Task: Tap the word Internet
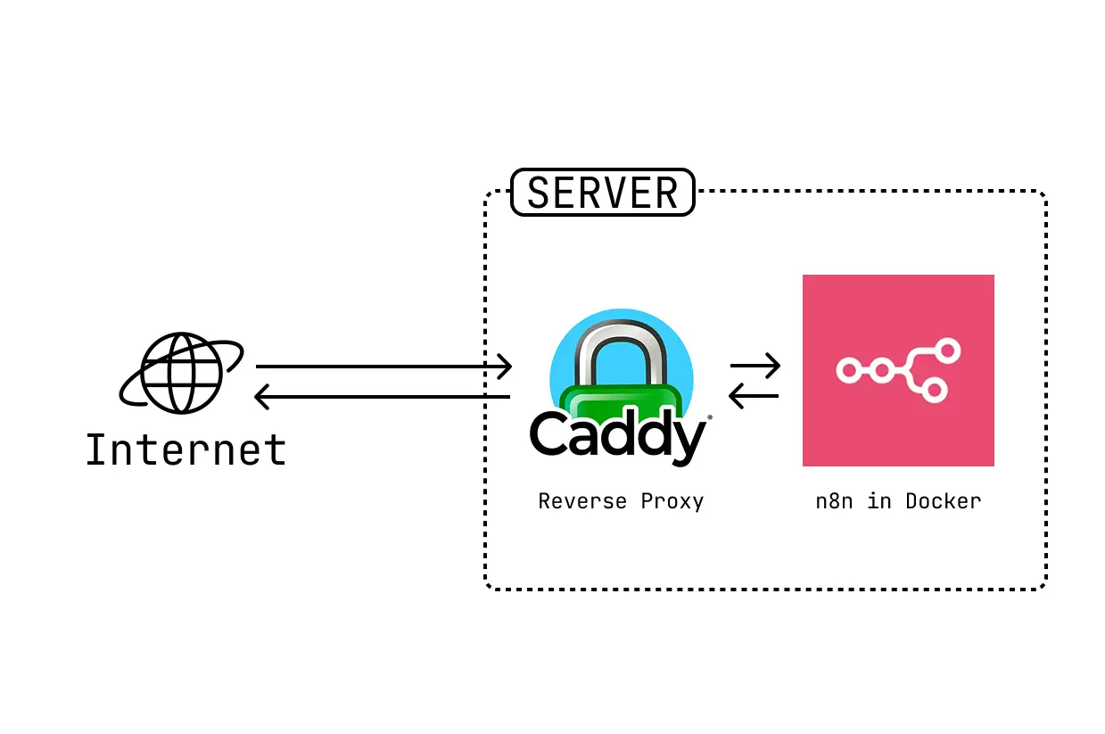(186, 450)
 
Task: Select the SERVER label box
(602, 193)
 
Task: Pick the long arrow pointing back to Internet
(383, 396)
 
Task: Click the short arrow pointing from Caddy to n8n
(755, 365)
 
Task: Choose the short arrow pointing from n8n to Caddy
(755, 395)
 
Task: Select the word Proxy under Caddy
(672, 501)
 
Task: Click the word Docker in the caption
(943, 501)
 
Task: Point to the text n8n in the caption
(834, 501)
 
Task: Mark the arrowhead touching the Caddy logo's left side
(506, 366)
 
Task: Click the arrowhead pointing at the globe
(261, 396)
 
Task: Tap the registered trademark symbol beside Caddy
(710, 417)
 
